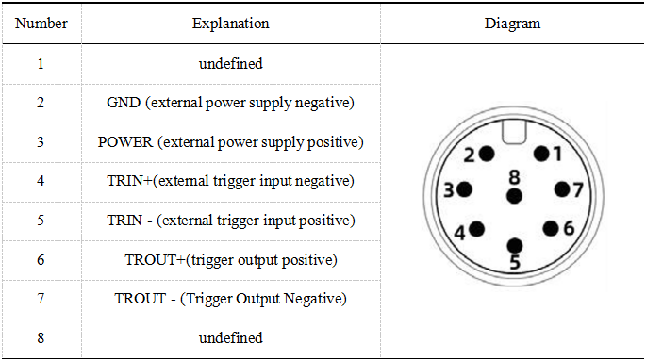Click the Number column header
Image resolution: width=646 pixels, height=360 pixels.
[x=41, y=23]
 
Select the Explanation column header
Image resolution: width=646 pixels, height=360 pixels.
[x=231, y=24]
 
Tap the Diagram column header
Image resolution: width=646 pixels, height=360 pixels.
[x=512, y=24]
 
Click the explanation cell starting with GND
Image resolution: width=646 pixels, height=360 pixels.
[x=230, y=103]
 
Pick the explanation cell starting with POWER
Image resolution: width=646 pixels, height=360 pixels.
[x=231, y=142]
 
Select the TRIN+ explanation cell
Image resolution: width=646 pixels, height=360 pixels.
[x=230, y=181]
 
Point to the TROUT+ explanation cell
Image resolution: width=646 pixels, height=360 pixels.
[x=231, y=260]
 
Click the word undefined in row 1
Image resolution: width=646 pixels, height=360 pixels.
[x=231, y=63]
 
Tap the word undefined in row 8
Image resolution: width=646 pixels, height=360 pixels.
[x=231, y=337]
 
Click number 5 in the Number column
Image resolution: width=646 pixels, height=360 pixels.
[x=41, y=221]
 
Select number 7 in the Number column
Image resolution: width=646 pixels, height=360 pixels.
[x=41, y=298]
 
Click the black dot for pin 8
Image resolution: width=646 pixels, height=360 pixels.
[x=514, y=196]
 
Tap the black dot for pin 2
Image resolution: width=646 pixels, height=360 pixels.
[x=487, y=154]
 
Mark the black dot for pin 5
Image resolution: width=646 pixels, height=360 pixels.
[x=515, y=246]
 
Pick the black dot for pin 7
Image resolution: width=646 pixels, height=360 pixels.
[x=562, y=189]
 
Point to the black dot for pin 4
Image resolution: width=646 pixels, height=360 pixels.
[x=476, y=229]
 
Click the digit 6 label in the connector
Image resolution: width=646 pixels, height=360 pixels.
[x=569, y=228]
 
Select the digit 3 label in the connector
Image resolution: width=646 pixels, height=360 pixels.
[x=449, y=190]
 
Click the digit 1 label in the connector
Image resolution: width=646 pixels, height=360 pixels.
[x=557, y=154]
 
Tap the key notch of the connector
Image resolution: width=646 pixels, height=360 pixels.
[x=514, y=131]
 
